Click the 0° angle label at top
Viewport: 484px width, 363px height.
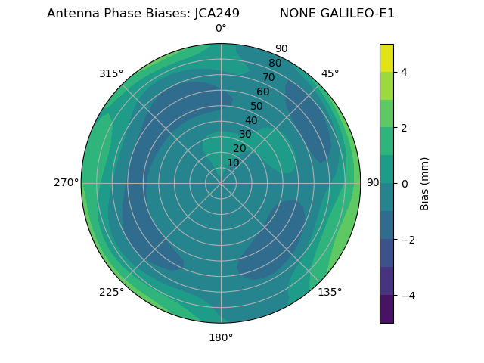[x=221, y=29]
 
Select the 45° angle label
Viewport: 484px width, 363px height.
[x=330, y=73]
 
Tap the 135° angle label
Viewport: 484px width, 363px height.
[x=330, y=292]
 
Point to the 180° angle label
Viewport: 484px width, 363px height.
[x=221, y=337]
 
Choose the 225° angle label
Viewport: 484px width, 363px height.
[x=111, y=293]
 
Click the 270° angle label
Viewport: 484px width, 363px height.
[x=67, y=182]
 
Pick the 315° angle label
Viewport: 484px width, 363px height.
[x=111, y=73]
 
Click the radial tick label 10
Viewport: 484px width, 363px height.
[x=233, y=163]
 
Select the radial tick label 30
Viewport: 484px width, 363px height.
[x=245, y=134]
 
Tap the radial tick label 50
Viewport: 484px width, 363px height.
[x=257, y=106]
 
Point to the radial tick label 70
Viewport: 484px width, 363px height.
[x=268, y=77]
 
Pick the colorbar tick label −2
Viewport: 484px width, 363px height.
[x=407, y=240]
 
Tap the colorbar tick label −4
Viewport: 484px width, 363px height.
[x=407, y=296]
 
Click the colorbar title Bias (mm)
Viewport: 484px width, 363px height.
[x=425, y=183]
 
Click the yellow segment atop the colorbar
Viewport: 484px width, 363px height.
[x=386, y=58]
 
